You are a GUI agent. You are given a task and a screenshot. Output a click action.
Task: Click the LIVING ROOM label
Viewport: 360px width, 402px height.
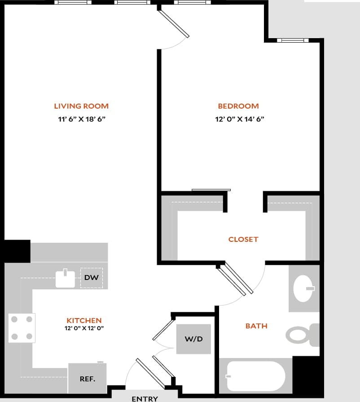[81, 106]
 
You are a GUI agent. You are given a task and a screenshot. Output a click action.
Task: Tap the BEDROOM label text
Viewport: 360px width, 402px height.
[238, 106]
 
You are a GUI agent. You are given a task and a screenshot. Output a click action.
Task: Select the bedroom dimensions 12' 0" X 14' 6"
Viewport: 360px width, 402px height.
[238, 119]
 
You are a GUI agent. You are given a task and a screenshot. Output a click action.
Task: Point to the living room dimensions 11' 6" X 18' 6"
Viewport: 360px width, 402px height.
[81, 119]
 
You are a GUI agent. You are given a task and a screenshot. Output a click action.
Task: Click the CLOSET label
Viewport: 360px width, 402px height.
[243, 240]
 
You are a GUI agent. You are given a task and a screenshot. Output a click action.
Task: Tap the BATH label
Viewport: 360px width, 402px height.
[256, 326]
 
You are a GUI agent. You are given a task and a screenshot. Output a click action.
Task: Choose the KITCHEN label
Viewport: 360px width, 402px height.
[84, 321]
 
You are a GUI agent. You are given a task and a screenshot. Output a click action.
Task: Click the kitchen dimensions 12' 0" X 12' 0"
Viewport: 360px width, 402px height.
[84, 328]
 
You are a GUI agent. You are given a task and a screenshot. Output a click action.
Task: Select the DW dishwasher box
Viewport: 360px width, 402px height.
[91, 278]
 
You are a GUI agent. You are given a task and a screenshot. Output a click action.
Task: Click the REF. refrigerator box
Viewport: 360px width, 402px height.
[88, 379]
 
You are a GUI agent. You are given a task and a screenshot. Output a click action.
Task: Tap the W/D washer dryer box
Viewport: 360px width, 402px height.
[193, 339]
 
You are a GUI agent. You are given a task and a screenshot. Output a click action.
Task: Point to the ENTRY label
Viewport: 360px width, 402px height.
[145, 398]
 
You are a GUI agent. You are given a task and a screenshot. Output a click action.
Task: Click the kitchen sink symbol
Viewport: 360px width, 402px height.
[65, 279]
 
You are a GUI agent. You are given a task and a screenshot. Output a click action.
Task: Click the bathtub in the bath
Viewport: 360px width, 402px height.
[255, 376]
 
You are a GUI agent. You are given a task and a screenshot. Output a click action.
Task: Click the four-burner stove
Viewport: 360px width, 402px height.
[22, 328]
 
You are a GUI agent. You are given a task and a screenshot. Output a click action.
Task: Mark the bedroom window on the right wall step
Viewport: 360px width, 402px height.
[293, 40]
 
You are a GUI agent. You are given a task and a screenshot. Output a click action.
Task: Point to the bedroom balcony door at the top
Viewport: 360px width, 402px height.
[174, 25]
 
